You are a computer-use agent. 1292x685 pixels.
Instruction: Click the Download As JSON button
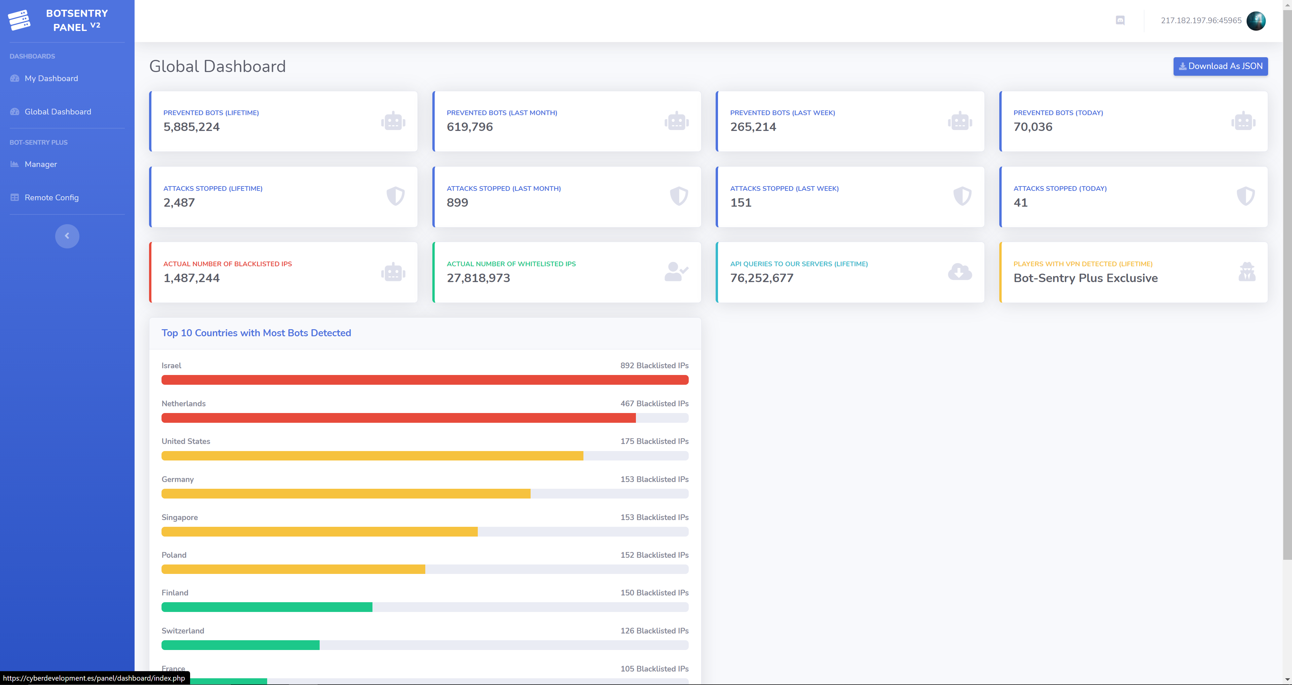[x=1220, y=66]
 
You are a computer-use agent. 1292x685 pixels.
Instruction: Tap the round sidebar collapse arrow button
[x=67, y=236]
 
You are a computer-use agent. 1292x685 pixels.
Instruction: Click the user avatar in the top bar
[x=1256, y=21]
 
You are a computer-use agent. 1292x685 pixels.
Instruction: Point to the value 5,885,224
[x=191, y=127]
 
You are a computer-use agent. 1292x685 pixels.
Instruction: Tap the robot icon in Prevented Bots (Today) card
[x=1243, y=121]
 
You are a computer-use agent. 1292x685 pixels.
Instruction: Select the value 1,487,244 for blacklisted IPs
[x=191, y=278]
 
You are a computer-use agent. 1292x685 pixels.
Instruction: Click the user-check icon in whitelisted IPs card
[x=676, y=272]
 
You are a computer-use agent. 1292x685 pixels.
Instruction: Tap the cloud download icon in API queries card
[x=960, y=272]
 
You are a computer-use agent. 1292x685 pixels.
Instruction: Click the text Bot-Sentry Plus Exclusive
[x=1086, y=278]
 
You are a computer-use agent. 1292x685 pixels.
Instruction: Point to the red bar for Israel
[x=425, y=380]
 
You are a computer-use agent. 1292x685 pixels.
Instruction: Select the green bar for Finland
[x=267, y=607]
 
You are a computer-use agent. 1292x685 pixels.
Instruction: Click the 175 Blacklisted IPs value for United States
[x=654, y=441]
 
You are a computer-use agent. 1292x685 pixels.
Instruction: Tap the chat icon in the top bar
[x=1120, y=20]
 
